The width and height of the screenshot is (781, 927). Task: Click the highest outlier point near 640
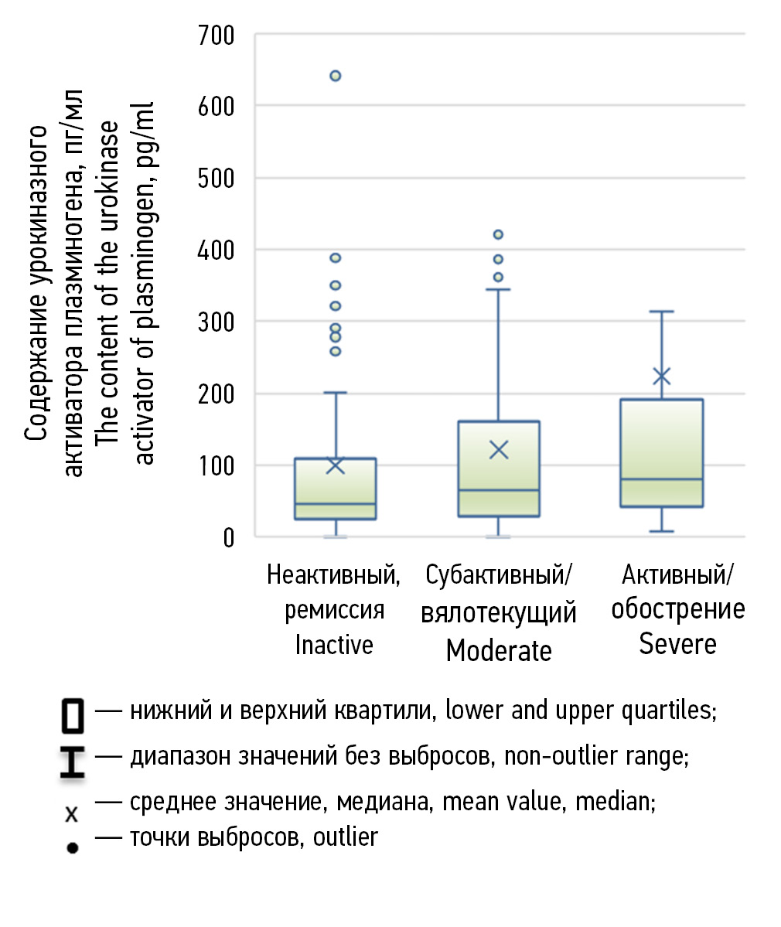336,76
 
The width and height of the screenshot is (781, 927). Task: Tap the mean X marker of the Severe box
661,377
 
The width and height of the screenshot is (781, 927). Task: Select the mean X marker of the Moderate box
499,449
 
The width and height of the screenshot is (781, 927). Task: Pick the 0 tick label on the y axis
228,537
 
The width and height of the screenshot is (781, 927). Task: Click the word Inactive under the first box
334,644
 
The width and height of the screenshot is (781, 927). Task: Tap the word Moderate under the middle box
499,650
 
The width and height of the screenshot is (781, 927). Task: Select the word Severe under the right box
677,644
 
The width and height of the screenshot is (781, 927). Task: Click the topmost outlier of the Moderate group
499,234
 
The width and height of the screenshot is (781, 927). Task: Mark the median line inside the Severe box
661,479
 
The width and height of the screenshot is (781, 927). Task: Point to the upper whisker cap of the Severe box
661,312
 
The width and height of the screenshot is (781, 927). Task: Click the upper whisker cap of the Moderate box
499,289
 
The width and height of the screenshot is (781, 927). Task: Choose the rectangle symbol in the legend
73,715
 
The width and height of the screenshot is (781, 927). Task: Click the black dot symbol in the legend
73,847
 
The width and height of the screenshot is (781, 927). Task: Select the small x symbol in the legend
72,813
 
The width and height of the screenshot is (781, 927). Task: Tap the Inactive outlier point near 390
336,258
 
